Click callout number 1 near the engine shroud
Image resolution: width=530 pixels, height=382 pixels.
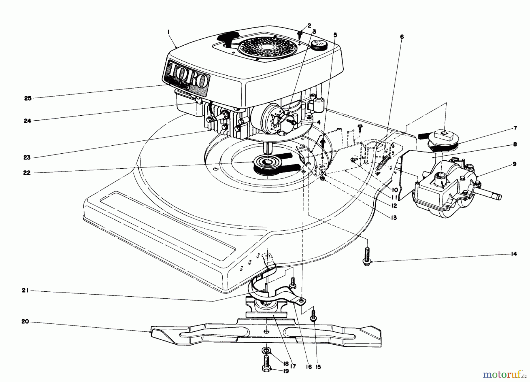pyautogui.click(x=169, y=33)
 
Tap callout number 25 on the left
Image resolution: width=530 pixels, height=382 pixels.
pyautogui.click(x=28, y=98)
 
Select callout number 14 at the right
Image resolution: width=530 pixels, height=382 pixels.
pyautogui.click(x=514, y=254)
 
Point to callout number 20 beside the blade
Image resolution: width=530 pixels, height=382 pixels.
pyautogui.click(x=25, y=322)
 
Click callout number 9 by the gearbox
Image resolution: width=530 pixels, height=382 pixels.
pyautogui.click(x=514, y=164)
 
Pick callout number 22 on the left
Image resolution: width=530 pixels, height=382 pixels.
pyautogui.click(x=27, y=173)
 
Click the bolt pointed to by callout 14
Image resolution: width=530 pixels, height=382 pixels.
pyautogui.click(x=367, y=256)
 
